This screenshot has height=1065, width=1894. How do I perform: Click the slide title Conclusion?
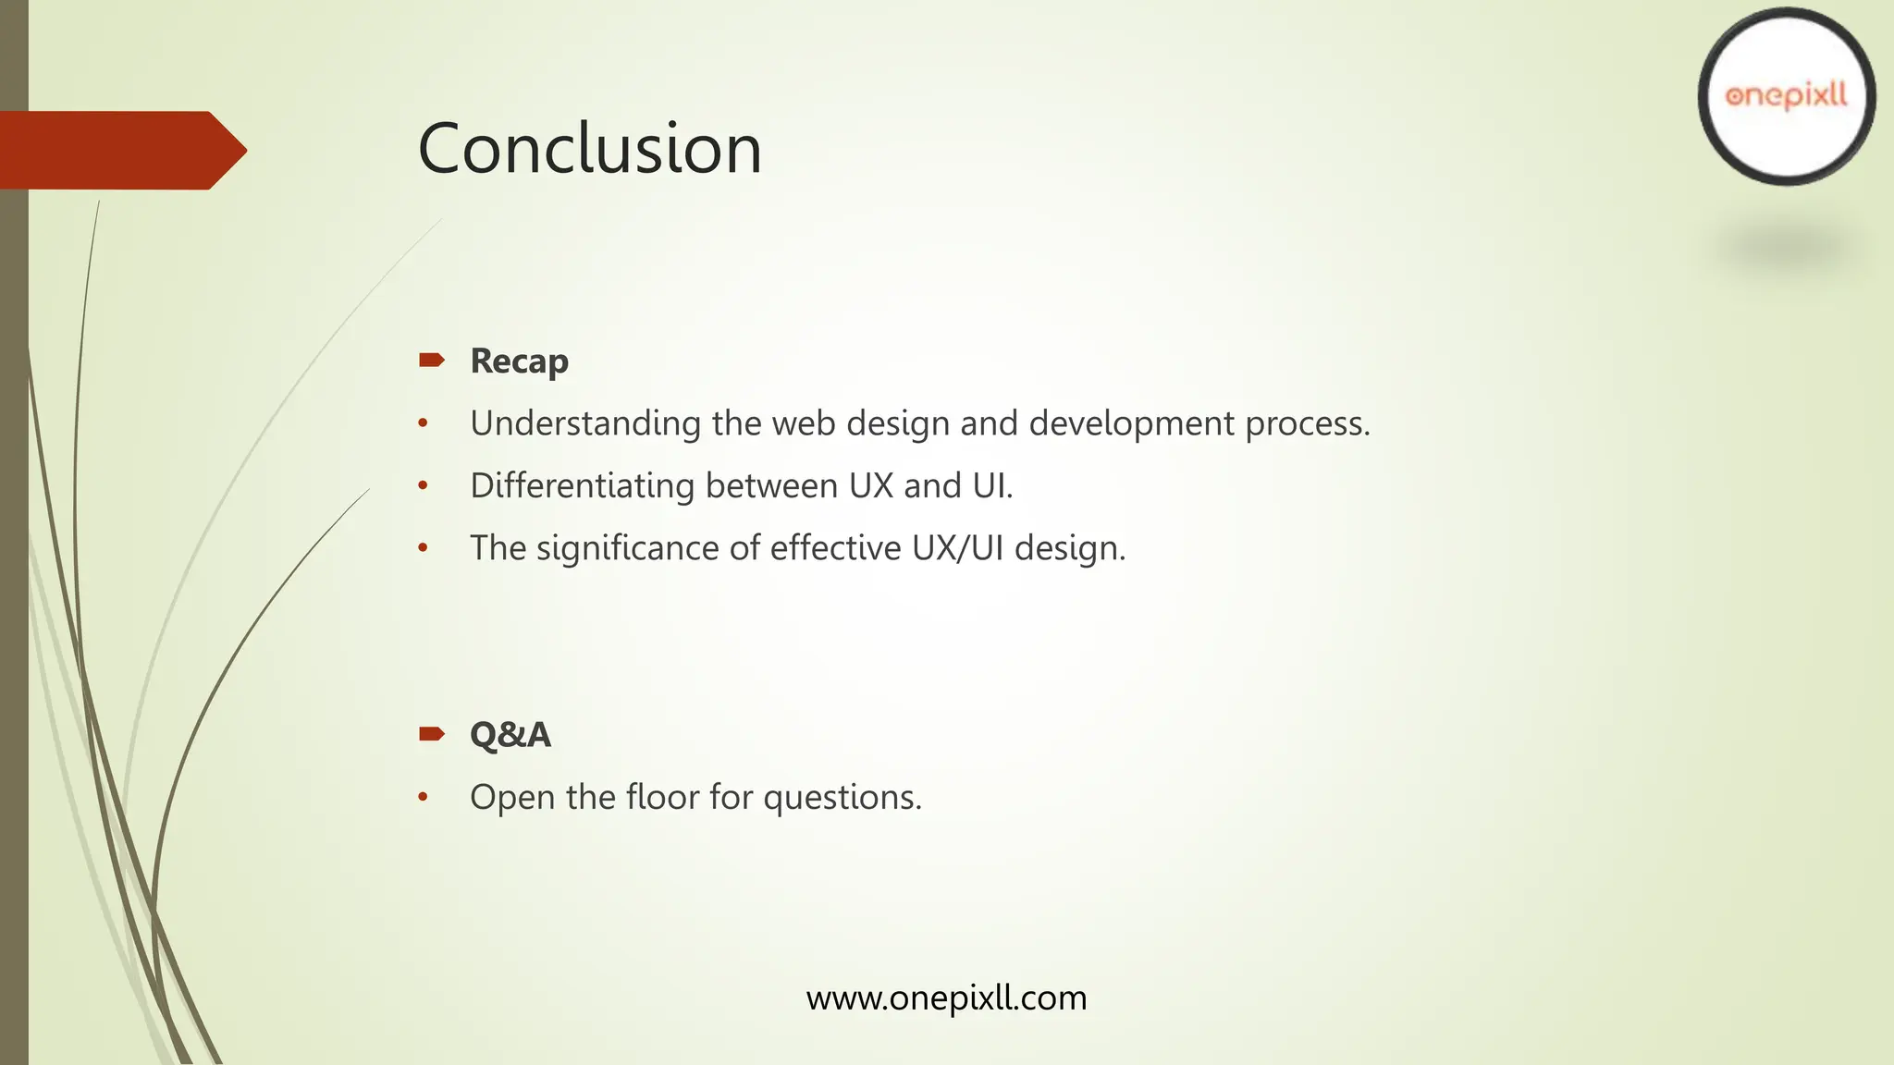tap(589, 149)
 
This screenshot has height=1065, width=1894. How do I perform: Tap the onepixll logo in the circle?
tap(1786, 96)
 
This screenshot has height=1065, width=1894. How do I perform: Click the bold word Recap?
tap(519, 361)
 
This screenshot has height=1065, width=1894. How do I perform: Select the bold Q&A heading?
tap(510, 735)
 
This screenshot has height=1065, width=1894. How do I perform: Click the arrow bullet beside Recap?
tap(431, 360)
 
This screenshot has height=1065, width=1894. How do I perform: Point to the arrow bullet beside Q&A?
tap(431, 734)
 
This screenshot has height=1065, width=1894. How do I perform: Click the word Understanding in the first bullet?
tap(585, 423)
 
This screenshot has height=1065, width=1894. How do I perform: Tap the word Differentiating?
tap(582, 485)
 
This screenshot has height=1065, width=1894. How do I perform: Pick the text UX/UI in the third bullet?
tap(957, 548)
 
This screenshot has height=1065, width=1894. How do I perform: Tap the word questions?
tap(842, 797)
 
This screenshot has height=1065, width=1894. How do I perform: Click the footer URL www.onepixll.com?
tap(946, 998)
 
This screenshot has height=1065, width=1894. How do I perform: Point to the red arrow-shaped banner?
tap(120, 150)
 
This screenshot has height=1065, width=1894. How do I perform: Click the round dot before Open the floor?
tap(423, 797)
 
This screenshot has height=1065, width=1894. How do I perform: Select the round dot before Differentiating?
tap(423, 485)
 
